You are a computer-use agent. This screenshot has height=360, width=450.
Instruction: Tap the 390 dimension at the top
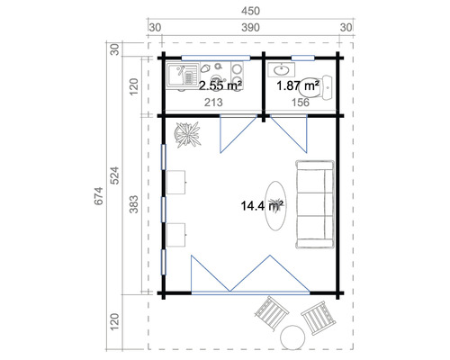tap(250, 28)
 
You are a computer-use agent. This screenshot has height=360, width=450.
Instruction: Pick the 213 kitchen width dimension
tap(212, 103)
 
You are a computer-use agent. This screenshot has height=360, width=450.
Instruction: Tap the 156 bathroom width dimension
tap(302, 103)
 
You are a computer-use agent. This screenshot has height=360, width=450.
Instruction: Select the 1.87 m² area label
tap(299, 85)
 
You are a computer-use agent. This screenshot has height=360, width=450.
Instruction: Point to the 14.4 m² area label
tap(262, 206)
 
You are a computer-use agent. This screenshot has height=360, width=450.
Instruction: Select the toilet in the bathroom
tap(322, 86)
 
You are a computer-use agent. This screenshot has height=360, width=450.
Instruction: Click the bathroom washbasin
tap(283, 68)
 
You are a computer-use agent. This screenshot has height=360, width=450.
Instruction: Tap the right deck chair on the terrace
tap(316, 317)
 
